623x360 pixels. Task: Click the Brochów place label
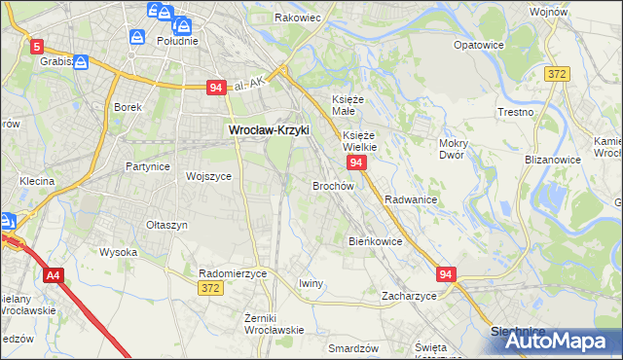click(x=332, y=185)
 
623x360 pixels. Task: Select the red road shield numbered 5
click(x=37, y=46)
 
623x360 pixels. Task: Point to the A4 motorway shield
click(x=54, y=276)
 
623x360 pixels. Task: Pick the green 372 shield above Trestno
click(x=557, y=74)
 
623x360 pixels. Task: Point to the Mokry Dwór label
click(x=454, y=149)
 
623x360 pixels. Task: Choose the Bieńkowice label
click(x=376, y=240)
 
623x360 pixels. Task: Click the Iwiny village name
click(x=311, y=283)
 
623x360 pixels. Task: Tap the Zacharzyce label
click(x=409, y=295)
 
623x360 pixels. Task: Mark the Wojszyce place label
click(x=208, y=176)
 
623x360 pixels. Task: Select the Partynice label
click(x=148, y=166)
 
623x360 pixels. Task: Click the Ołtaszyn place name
click(x=166, y=225)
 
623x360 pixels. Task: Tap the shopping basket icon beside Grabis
click(x=81, y=62)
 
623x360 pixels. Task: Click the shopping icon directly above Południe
click(x=138, y=37)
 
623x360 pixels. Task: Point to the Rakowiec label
click(x=298, y=18)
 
